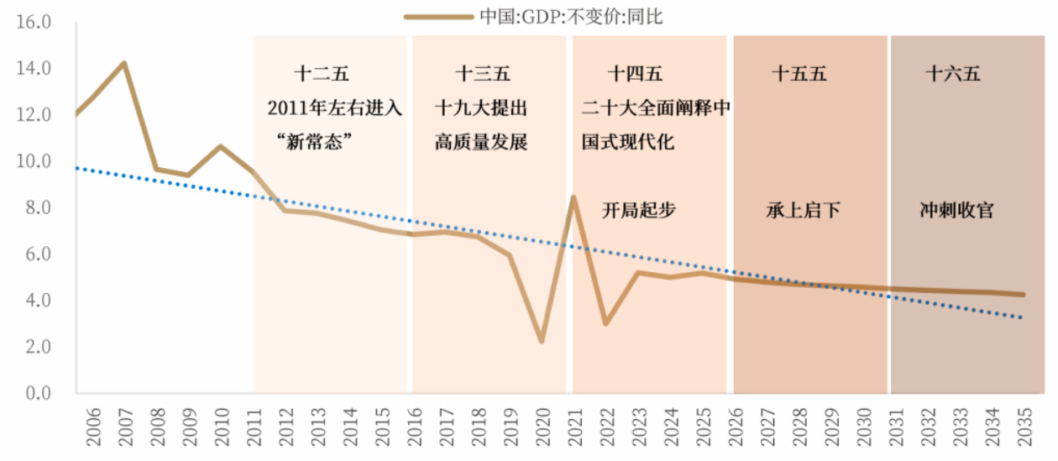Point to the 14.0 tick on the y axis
(34, 68)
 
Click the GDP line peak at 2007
(124, 63)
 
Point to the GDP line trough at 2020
(542, 340)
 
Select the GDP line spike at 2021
(574, 197)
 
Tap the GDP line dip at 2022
(605, 323)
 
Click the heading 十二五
(322, 74)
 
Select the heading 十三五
(483, 74)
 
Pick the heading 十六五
(953, 74)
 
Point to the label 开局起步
(639, 210)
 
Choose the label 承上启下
(804, 210)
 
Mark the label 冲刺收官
(957, 210)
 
